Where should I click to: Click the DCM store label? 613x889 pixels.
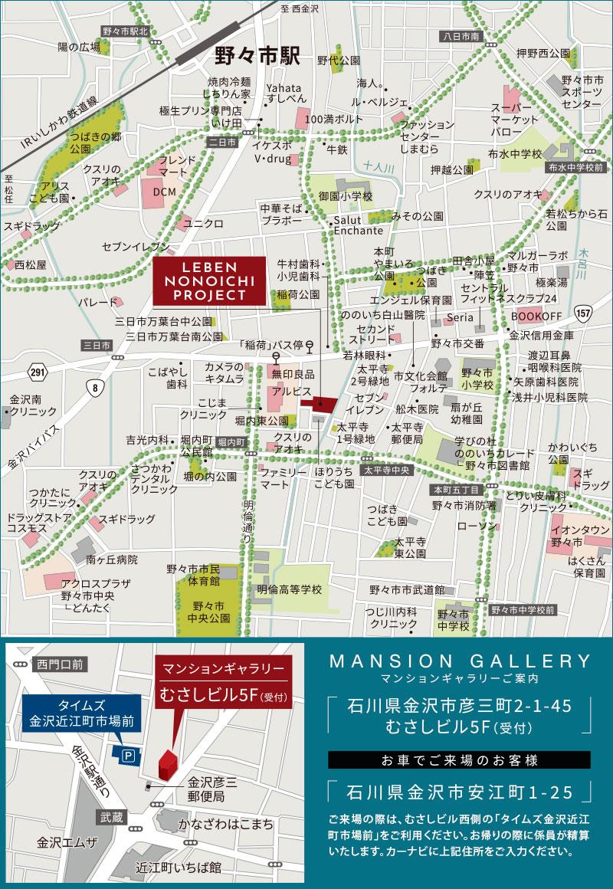(164, 190)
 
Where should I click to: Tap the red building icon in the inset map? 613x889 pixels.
(168, 765)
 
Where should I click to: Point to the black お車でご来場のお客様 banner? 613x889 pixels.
(460, 760)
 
